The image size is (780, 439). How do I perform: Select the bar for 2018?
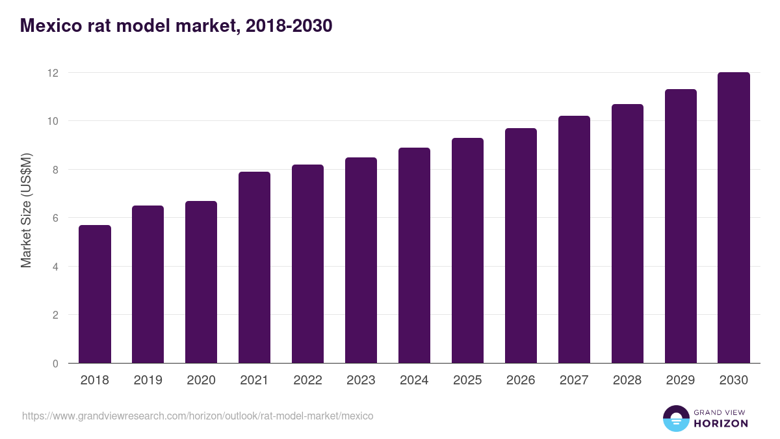click(x=95, y=294)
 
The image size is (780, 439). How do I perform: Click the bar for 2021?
click(x=254, y=267)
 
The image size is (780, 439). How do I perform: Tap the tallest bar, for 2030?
click(x=734, y=218)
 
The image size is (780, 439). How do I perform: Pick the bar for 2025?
click(x=467, y=250)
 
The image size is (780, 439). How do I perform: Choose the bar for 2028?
click(x=627, y=233)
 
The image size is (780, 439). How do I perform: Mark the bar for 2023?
click(x=361, y=260)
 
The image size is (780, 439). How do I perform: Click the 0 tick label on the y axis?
click(x=55, y=364)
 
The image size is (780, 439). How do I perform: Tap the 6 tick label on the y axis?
click(x=55, y=219)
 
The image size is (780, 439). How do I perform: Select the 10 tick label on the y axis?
click(x=53, y=122)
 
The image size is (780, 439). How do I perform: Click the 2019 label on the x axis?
click(x=148, y=380)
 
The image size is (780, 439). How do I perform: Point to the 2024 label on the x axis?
click(x=414, y=380)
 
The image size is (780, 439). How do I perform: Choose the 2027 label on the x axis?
click(x=574, y=380)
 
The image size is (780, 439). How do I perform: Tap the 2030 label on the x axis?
click(x=734, y=380)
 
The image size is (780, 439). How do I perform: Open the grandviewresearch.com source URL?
click(x=198, y=416)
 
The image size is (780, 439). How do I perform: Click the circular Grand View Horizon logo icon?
click(x=676, y=418)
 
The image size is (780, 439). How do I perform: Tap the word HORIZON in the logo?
click(x=721, y=423)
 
